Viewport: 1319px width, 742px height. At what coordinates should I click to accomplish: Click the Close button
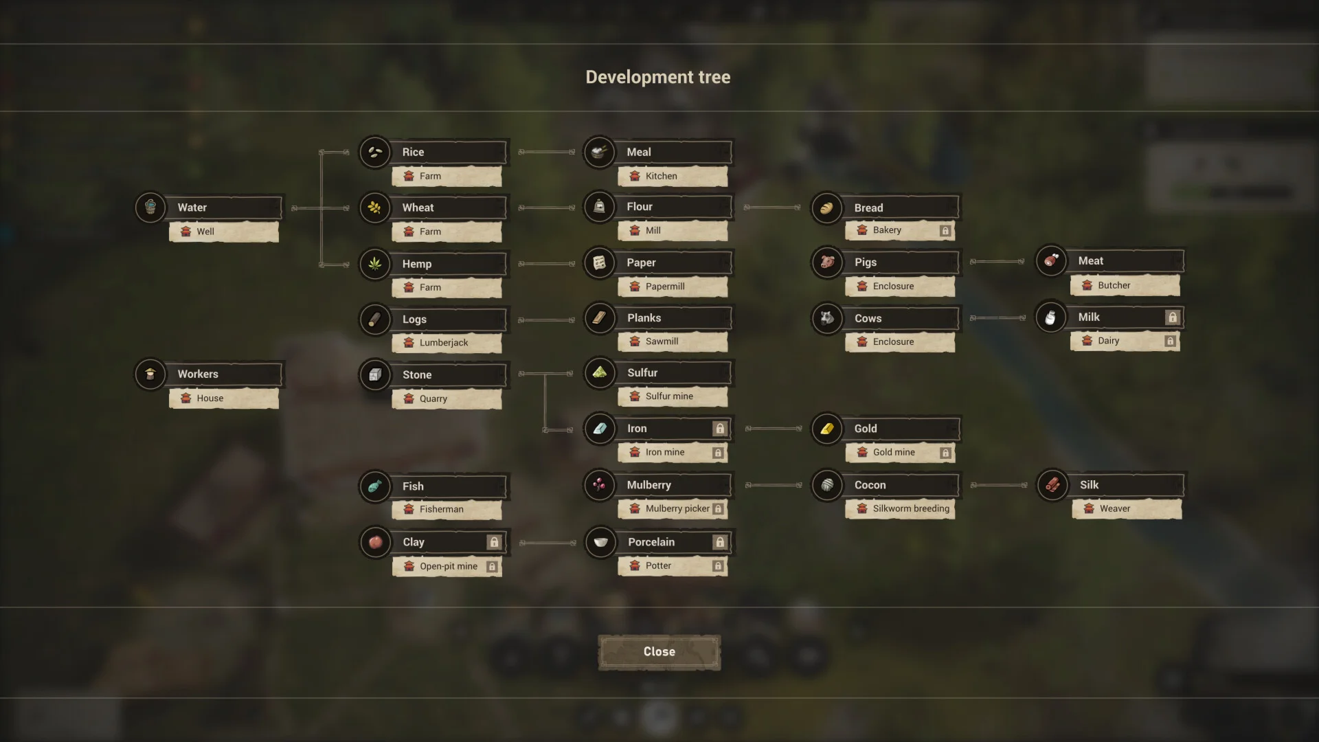[x=659, y=651]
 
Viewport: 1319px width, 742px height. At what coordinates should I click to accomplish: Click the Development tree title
[x=657, y=77]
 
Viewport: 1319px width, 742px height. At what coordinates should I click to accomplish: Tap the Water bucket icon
[x=150, y=207]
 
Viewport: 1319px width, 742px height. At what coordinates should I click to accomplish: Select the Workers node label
[x=198, y=374]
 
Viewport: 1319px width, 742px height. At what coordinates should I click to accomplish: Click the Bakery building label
[x=887, y=230]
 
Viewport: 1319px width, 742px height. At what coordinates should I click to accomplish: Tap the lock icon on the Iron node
[x=719, y=429]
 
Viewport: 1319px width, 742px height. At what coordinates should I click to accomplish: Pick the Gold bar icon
[x=827, y=429]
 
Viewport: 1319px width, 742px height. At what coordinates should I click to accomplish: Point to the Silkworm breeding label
[x=911, y=508]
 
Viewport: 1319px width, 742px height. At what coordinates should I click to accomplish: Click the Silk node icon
[x=1052, y=485]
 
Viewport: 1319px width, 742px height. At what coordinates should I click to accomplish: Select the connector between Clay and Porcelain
[x=548, y=543]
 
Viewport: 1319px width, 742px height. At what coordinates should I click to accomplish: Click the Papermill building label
[x=665, y=286]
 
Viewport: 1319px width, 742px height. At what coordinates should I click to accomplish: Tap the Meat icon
[x=1051, y=261]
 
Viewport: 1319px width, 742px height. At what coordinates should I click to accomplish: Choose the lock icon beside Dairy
[x=1170, y=341]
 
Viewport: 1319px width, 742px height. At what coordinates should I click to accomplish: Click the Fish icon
[x=375, y=486]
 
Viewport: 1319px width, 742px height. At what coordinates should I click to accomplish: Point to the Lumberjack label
[x=444, y=343]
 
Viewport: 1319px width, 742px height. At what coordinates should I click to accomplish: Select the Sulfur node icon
[x=600, y=373]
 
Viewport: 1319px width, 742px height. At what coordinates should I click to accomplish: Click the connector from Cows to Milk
[x=997, y=318]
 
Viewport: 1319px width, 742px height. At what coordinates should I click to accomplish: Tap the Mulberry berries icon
[x=600, y=485]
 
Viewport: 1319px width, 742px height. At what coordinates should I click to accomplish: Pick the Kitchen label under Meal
[x=661, y=177]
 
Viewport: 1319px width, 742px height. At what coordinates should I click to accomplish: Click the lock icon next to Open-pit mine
[x=492, y=567]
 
